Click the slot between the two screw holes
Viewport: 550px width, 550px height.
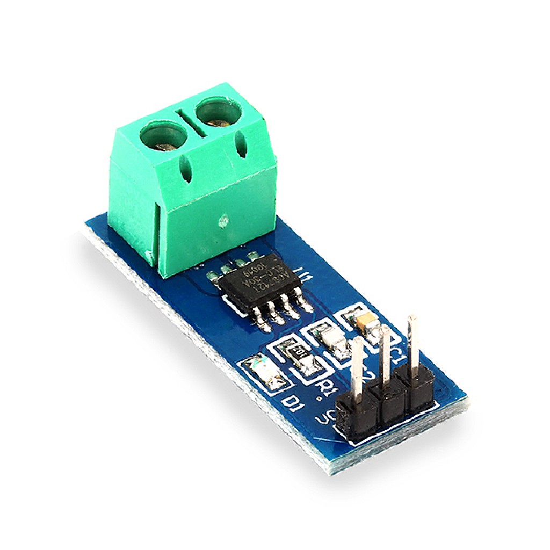click(x=190, y=124)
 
